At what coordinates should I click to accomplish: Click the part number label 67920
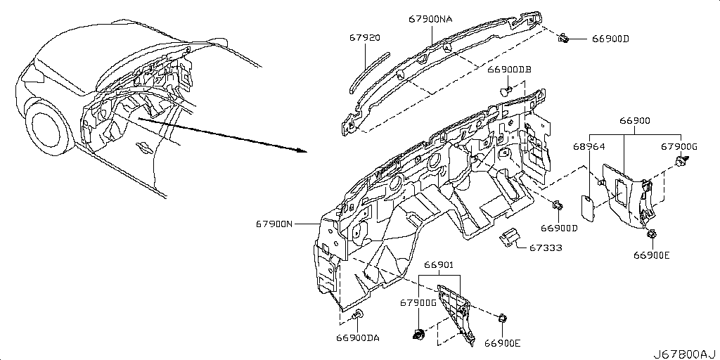pyautogui.click(x=364, y=38)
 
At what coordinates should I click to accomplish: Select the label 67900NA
pyautogui.click(x=430, y=19)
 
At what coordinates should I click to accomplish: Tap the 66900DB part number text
pyautogui.click(x=509, y=70)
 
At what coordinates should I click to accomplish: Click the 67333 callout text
pyautogui.click(x=546, y=248)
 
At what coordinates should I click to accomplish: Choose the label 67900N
pyautogui.click(x=274, y=224)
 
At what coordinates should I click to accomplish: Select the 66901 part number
pyautogui.click(x=439, y=264)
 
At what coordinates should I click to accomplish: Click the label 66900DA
pyautogui.click(x=358, y=338)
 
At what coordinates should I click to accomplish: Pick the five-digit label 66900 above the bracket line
pyautogui.click(x=635, y=121)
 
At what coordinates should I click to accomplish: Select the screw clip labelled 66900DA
pyautogui.click(x=358, y=315)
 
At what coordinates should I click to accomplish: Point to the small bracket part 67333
pyautogui.click(x=508, y=235)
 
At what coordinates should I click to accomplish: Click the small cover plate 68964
pyautogui.click(x=586, y=206)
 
